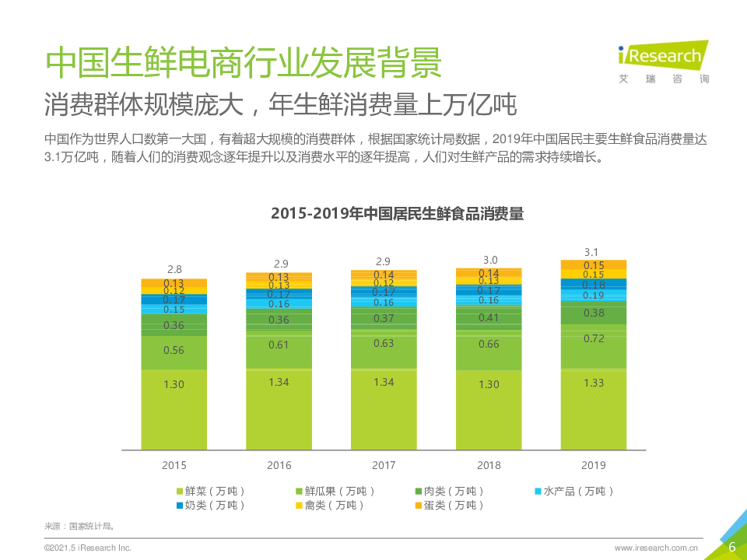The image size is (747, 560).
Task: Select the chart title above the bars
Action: (x=397, y=214)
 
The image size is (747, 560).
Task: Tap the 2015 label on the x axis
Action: (x=174, y=465)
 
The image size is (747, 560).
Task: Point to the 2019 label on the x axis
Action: (x=594, y=465)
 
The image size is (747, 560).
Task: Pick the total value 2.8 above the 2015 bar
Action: (x=174, y=270)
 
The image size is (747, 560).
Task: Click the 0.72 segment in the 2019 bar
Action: (x=594, y=339)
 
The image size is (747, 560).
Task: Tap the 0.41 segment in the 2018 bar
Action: (x=489, y=317)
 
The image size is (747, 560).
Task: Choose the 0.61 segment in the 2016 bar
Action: (x=279, y=345)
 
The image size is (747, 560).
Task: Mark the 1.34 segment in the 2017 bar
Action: (x=384, y=382)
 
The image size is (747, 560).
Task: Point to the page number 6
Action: (x=731, y=547)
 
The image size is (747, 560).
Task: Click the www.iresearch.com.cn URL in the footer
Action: (x=656, y=548)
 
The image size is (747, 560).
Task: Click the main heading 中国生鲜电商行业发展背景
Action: (x=243, y=63)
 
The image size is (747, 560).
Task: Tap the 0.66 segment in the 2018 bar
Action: (x=489, y=344)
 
